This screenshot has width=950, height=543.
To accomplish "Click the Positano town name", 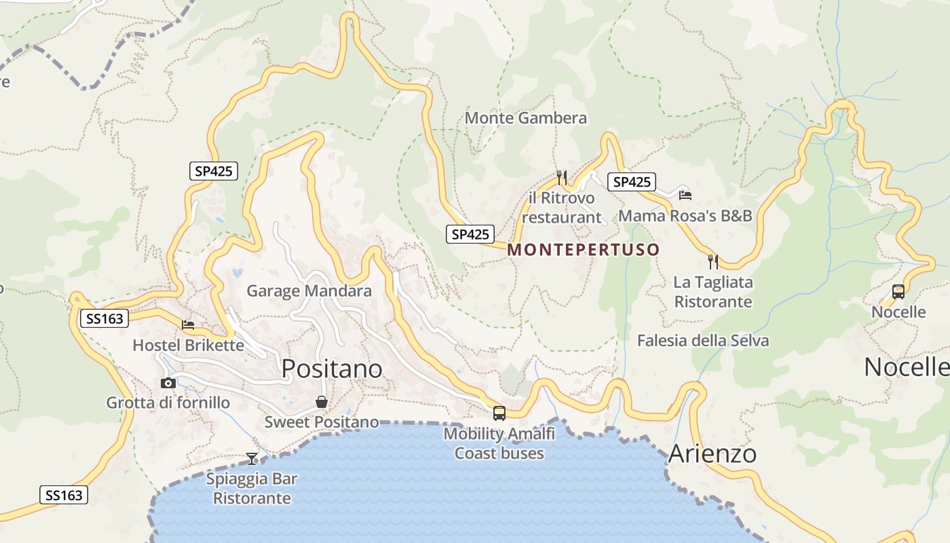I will (332, 369).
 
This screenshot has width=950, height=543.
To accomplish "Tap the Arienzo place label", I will (712, 453).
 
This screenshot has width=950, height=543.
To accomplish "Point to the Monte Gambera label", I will (525, 118).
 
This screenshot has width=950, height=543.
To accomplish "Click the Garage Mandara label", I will (309, 291).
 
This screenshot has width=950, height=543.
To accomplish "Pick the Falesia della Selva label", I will (703, 340).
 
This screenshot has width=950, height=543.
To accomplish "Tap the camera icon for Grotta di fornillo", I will (168, 383).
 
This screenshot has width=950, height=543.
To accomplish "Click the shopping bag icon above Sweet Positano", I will (322, 402).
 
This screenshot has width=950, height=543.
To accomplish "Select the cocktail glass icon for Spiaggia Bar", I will (252, 459).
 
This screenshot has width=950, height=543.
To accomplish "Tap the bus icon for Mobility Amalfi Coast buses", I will (499, 413).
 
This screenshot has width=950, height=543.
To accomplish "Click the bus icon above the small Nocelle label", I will (898, 292).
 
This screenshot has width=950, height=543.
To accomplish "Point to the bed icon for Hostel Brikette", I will (188, 325).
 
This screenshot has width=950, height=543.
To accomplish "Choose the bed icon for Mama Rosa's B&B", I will (685, 195).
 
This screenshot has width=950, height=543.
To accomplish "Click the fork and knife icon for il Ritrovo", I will (562, 178).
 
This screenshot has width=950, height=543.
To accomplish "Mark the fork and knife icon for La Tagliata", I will (713, 261).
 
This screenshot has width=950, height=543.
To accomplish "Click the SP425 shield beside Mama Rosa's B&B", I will (632, 182).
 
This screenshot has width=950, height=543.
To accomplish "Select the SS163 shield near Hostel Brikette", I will (104, 318).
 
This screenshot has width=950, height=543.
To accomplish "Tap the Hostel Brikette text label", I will (188, 345).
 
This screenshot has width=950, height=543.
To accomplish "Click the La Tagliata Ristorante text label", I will (713, 292).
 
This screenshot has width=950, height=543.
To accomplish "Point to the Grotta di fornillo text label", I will (168, 403).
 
